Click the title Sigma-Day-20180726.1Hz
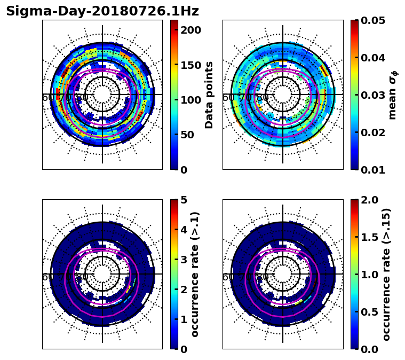(102, 11)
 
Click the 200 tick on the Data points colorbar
(190, 30)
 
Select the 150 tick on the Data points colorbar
(190, 65)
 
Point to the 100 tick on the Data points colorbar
(190, 100)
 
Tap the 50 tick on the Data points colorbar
(187, 135)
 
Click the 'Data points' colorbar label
(209, 95)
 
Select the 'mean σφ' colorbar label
(393, 95)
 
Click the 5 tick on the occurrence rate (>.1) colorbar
(184, 200)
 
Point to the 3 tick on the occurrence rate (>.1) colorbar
(184, 260)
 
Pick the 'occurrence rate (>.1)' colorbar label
(195, 274)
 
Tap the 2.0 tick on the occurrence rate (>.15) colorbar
(367, 200)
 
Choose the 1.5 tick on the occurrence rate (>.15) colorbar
(367, 237)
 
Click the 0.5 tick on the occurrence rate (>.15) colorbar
(367, 312)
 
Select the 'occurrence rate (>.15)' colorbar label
(387, 274)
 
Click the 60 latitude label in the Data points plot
(47, 98)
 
